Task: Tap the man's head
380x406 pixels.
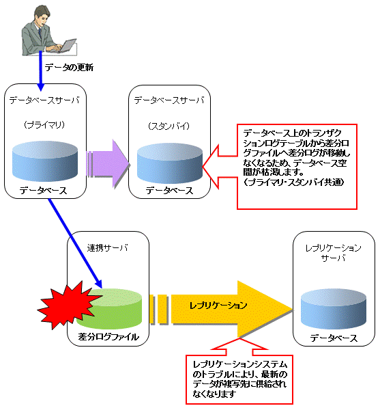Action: pos(42,14)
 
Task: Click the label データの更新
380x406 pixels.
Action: pos(69,68)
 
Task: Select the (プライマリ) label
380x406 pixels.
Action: pos(44,125)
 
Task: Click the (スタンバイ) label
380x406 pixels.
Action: pos(169,126)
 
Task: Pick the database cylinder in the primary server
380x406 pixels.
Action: pos(45,161)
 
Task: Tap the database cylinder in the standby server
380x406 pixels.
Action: pos(170,163)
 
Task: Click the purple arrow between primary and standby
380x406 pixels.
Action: pos(108,164)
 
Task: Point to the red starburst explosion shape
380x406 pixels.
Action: pos(68,306)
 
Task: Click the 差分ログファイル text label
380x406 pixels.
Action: pos(108,337)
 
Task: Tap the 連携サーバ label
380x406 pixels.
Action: pos(108,248)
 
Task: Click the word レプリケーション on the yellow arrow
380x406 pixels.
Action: pos(218,306)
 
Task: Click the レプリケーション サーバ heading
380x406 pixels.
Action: pos(333,253)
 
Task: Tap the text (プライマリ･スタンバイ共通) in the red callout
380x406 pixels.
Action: pos(293,182)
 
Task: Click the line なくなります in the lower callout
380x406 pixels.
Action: pos(214,394)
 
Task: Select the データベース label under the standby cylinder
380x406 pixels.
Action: pos(169,191)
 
